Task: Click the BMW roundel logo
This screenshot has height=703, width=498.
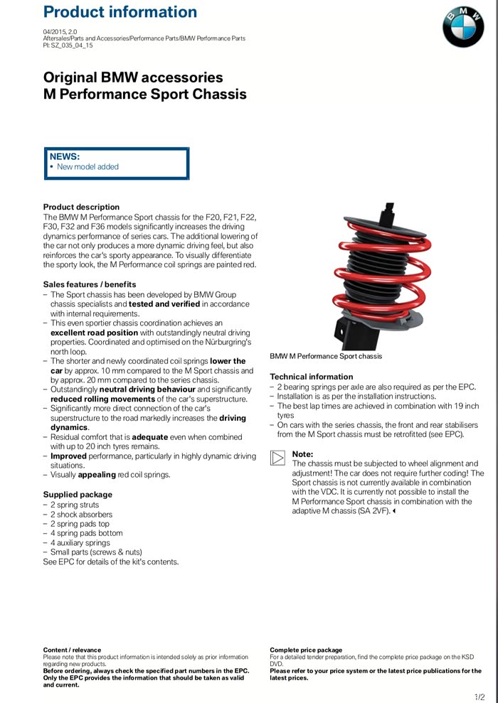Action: [x=463, y=28]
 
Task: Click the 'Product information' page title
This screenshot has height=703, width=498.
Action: [x=120, y=12]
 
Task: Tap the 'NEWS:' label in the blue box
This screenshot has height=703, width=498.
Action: [x=65, y=156]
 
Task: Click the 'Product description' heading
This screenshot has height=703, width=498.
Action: [x=81, y=207]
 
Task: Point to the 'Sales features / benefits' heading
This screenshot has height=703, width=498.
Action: [x=90, y=284]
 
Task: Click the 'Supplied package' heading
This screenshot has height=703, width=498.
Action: [x=78, y=494]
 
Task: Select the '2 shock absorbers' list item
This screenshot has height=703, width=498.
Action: [x=81, y=514]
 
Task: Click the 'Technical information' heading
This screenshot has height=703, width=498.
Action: [x=311, y=377]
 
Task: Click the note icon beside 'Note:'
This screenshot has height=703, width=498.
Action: [x=277, y=458]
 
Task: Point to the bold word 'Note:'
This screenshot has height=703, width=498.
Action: [x=302, y=454]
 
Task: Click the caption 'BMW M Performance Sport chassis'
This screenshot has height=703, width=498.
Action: [x=325, y=356]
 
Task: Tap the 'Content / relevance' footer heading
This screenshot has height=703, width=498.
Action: [x=73, y=650]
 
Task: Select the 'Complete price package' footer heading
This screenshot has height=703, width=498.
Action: [x=306, y=650]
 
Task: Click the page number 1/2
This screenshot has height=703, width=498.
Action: [x=480, y=697]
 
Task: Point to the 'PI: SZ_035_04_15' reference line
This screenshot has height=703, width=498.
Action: [x=68, y=45]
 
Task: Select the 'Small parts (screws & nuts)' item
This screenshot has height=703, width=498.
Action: [x=96, y=552]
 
